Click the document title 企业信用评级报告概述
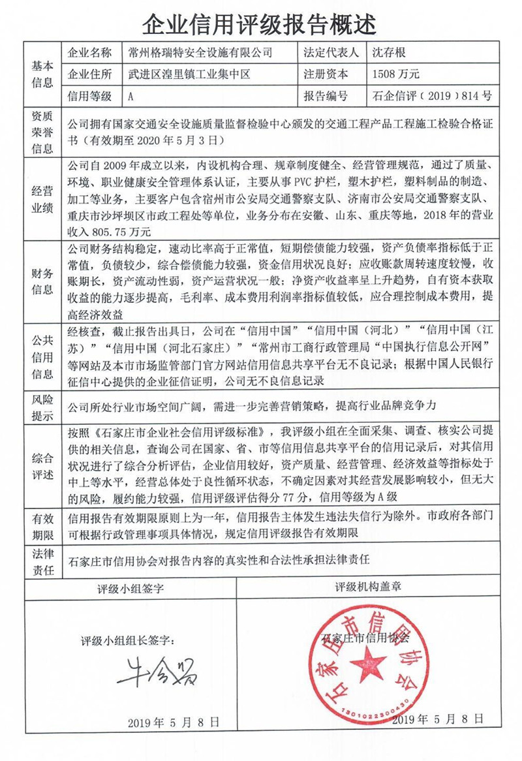point(260,24)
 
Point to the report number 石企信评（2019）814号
point(431,97)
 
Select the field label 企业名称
point(90,53)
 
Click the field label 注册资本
point(326,74)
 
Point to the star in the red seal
point(367,666)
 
